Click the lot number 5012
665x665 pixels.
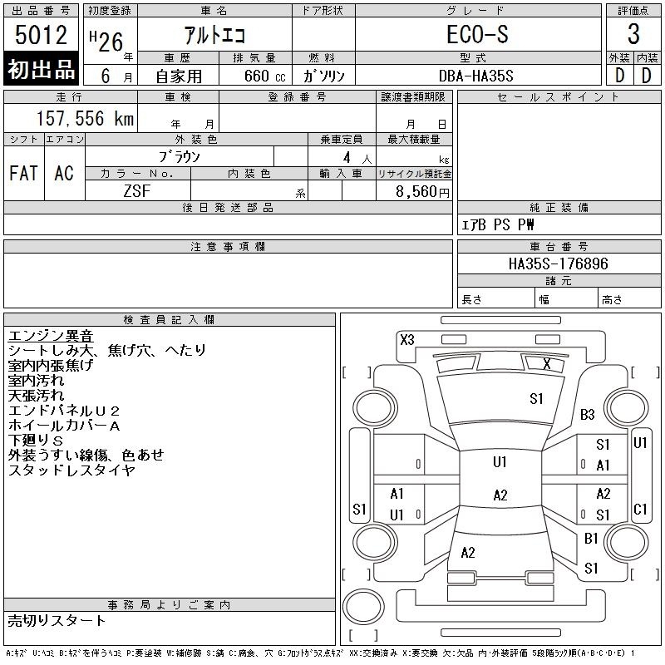pos(41,36)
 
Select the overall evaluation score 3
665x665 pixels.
pos(633,35)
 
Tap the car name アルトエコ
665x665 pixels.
pos(215,36)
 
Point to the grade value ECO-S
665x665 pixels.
pos(477,36)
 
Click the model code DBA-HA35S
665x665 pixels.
pos(477,76)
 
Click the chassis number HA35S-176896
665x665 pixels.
pos(558,264)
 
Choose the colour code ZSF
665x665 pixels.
pos(137,191)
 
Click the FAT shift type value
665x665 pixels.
pos(23,173)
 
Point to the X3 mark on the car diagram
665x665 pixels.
pos(406,339)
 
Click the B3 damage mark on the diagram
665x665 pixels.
pos(588,414)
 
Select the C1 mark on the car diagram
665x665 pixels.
pos(640,509)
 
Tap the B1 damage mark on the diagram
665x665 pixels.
pos(591,539)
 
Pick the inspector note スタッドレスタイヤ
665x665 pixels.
pos(71,470)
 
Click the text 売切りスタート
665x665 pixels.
pos(57,620)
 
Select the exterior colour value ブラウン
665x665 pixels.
pos(180,156)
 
